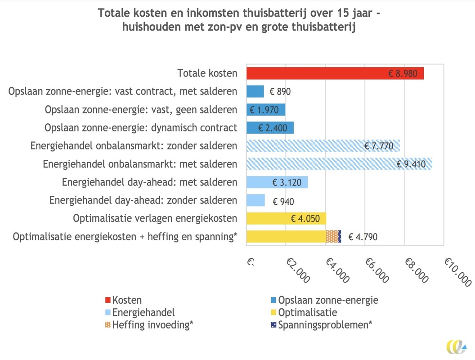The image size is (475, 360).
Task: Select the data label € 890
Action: click(x=280, y=92)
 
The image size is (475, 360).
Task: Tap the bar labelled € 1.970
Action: click(x=266, y=110)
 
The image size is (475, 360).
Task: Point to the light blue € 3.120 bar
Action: click(x=277, y=182)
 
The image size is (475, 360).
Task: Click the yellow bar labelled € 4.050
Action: click(x=286, y=219)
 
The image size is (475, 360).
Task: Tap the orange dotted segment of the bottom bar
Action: click(x=332, y=236)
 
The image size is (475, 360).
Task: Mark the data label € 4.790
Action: click(x=363, y=237)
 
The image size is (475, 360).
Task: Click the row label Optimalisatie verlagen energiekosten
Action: click(x=155, y=219)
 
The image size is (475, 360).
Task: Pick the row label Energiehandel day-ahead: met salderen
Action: click(x=149, y=182)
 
